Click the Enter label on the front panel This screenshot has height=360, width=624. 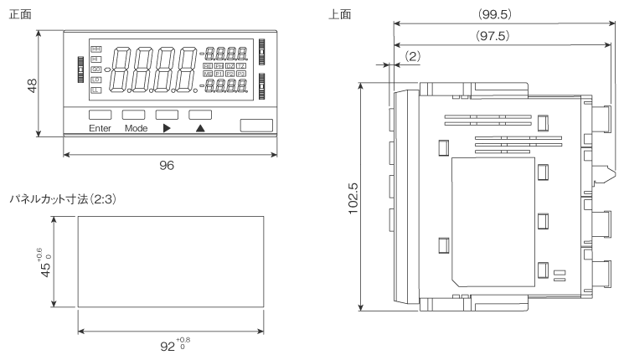(x=100, y=128)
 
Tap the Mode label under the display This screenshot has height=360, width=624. (x=136, y=128)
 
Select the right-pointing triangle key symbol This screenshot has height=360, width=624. (x=167, y=128)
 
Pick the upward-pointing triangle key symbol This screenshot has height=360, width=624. (x=200, y=128)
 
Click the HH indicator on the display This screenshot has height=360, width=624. (x=95, y=49)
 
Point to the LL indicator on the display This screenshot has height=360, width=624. (x=95, y=90)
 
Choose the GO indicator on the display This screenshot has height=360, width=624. (x=95, y=69)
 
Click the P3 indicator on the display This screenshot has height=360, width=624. (x=242, y=75)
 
